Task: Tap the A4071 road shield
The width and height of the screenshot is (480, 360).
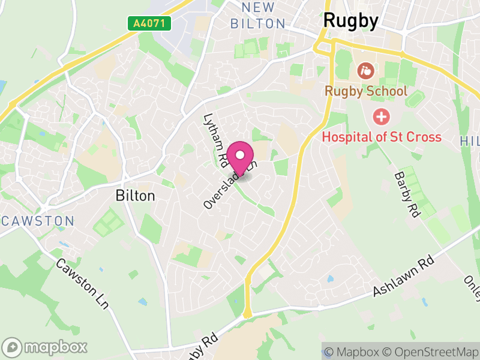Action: point(149,23)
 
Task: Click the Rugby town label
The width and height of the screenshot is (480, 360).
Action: point(351,21)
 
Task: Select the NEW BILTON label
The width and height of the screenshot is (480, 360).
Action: point(259,16)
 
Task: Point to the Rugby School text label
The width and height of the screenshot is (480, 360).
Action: point(365,92)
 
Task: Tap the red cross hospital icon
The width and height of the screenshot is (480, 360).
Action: point(380,116)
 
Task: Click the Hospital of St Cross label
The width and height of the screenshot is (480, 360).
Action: point(382,137)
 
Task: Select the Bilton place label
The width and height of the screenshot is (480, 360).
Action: point(135,196)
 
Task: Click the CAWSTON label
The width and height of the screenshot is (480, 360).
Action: point(37,221)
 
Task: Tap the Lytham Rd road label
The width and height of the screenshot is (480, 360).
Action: point(213,140)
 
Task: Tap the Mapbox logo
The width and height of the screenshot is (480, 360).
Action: point(45,347)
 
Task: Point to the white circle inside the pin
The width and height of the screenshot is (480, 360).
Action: point(240,155)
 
